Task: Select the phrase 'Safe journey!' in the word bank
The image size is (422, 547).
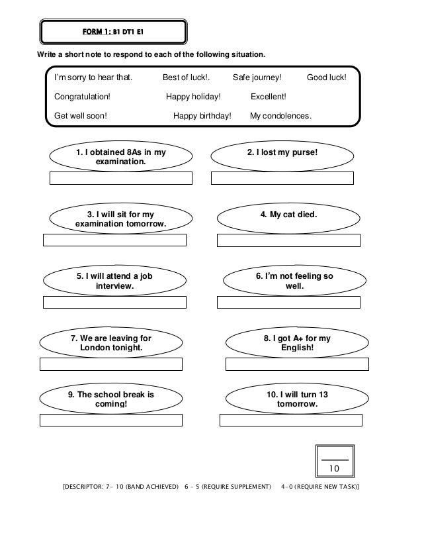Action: pyautogui.click(x=257, y=77)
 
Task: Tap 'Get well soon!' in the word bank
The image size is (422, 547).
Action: pyautogui.click(x=81, y=116)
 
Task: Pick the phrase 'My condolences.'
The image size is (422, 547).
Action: pyautogui.click(x=280, y=116)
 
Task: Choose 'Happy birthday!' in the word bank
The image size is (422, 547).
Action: pyautogui.click(x=202, y=116)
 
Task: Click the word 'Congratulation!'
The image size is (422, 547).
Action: pyautogui.click(x=83, y=97)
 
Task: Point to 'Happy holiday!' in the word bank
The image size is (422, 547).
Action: pyautogui.click(x=193, y=97)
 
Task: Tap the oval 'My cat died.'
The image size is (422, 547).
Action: pyautogui.click(x=288, y=215)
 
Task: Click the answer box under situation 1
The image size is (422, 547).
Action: pyautogui.click(x=121, y=177)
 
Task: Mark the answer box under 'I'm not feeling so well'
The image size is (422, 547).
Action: pyautogui.click(x=288, y=303)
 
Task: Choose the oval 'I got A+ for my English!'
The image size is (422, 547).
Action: pyautogui.click(x=296, y=342)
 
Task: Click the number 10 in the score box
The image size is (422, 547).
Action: pyautogui.click(x=334, y=469)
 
